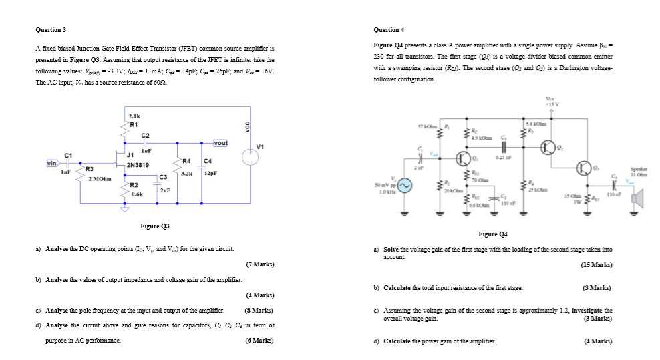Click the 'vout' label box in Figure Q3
[x=221, y=143]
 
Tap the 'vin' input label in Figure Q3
[x=51, y=162]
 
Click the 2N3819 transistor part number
[x=138, y=164]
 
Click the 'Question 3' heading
[x=50, y=30]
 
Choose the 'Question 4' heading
[x=391, y=30]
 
